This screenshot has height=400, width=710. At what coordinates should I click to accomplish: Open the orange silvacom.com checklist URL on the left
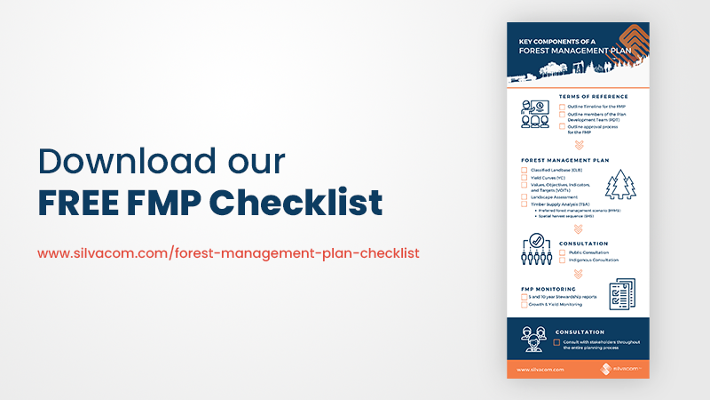(228, 252)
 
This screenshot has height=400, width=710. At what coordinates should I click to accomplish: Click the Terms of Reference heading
(594, 96)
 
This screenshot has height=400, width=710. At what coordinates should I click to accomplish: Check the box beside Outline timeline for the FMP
(562, 107)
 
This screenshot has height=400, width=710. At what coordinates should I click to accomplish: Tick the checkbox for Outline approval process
(562, 127)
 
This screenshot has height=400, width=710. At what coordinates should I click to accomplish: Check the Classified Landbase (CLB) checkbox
(524, 169)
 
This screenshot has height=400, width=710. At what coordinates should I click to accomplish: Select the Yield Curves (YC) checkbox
(524, 177)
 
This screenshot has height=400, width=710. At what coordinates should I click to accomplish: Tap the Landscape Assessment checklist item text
(553, 196)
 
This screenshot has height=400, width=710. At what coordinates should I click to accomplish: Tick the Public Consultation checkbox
(562, 252)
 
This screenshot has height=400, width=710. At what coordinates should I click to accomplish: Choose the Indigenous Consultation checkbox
(562, 260)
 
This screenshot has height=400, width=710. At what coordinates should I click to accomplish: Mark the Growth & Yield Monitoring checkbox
(524, 305)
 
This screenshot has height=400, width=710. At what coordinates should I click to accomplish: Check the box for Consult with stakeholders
(557, 341)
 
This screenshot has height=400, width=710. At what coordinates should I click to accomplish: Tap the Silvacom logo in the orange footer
(621, 367)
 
